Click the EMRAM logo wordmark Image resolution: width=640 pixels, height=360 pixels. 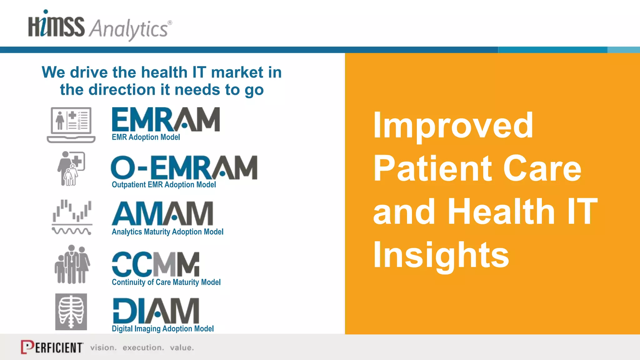click(x=166, y=119)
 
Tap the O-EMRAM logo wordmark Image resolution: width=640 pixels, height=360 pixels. click(x=184, y=167)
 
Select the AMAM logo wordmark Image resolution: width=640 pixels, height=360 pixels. click(x=162, y=213)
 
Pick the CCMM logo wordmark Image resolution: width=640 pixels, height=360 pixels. click(x=155, y=264)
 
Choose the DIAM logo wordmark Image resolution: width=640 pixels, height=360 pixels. click(x=156, y=311)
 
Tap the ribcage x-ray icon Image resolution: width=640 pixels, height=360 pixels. click(x=71, y=312)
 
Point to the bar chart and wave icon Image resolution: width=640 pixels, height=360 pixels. click(x=72, y=217)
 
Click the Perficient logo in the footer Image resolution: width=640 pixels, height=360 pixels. click(x=52, y=347)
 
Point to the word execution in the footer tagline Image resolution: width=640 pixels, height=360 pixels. click(x=143, y=347)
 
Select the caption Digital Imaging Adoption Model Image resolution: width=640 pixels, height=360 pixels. click(x=162, y=329)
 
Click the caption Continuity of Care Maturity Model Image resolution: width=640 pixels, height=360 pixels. click(x=166, y=282)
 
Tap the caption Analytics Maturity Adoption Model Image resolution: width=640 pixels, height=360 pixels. click(x=167, y=232)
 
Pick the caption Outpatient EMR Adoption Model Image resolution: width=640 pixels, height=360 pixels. click(x=164, y=185)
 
